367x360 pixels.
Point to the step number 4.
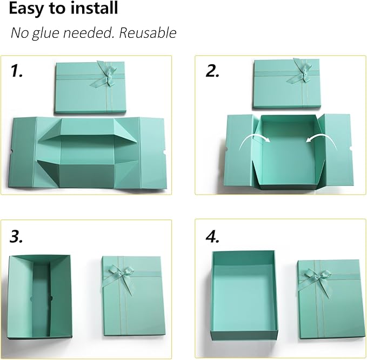[x=211, y=236]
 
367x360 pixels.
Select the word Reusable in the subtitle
[x=148, y=33]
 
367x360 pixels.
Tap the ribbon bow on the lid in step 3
[x=120, y=273]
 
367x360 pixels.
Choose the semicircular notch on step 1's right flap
[x=163, y=155]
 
